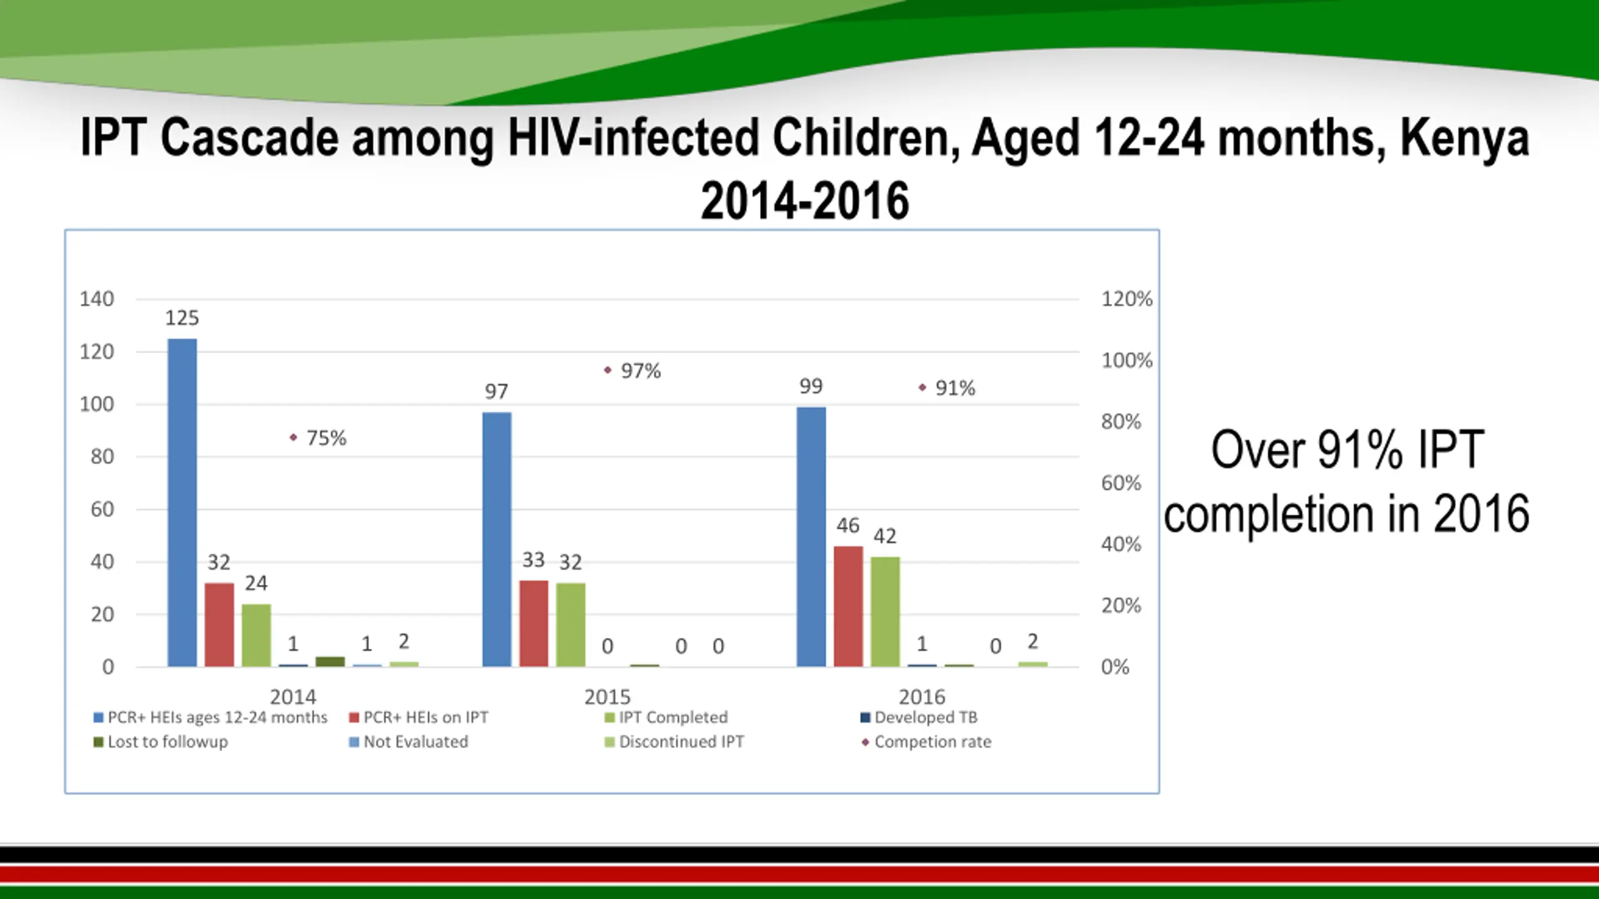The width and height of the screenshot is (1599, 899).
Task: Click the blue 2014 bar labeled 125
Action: pyautogui.click(x=182, y=503)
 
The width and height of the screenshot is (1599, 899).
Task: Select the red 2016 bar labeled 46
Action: pyautogui.click(x=848, y=606)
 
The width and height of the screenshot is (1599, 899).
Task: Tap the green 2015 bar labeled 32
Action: pyautogui.click(x=570, y=624)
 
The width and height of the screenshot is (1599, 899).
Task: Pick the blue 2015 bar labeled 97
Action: pyautogui.click(x=497, y=539)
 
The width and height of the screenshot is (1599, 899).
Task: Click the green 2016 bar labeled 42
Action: pyautogui.click(x=885, y=611)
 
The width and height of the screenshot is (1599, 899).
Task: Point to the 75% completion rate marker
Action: pyautogui.click(x=294, y=438)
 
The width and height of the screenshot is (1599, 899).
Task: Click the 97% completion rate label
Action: pyautogui.click(x=641, y=371)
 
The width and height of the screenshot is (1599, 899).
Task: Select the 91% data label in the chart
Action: pyautogui.click(x=955, y=388)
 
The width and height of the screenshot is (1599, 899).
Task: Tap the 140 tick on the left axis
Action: pyautogui.click(x=97, y=299)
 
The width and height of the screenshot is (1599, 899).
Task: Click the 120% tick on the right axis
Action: pyautogui.click(x=1126, y=299)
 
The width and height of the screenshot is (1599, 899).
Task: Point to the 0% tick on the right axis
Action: pyautogui.click(x=1115, y=667)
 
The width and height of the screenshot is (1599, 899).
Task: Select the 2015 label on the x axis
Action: pyautogui.click(x=607, y=697)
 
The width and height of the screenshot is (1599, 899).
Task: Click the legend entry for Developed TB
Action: pyautogui.click(x=919, y=718)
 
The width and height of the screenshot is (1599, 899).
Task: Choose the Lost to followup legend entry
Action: pyautogui.click(x=161, y=742)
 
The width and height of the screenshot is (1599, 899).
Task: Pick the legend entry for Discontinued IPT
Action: pyautogui.click(x=675, y=742)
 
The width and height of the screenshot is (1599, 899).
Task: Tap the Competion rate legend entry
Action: pyautogui.click(x=926, y=742)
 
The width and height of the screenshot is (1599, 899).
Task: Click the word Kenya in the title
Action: pyautogui.click(x=1464, y=139)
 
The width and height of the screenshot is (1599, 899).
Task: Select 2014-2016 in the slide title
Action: pyautogui.click(x=804, y=201)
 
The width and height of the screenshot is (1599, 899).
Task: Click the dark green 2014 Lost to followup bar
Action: pyautogui.click(x=330, y=662)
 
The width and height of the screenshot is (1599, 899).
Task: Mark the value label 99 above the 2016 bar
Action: pyautogui.click(x=811, y=386)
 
